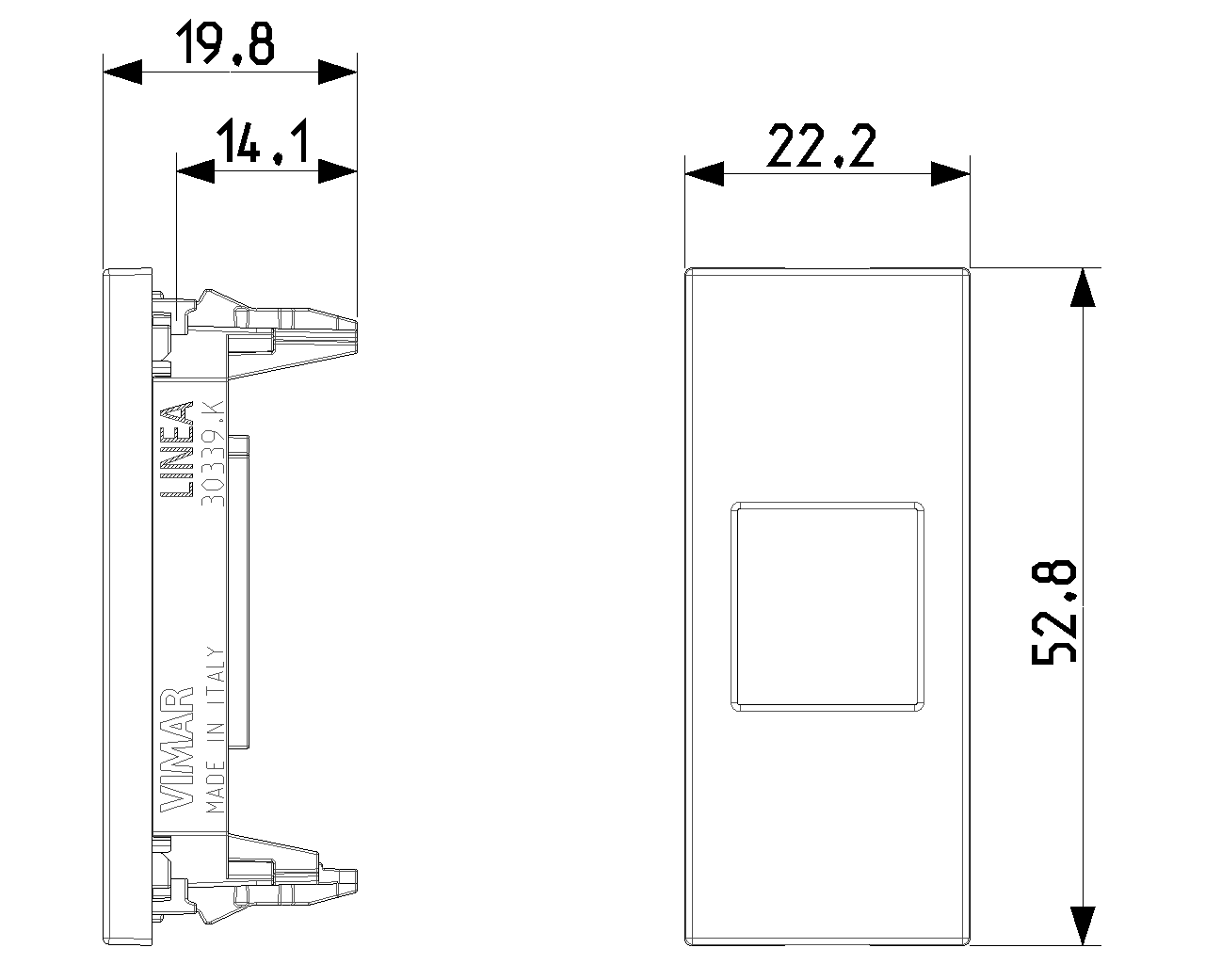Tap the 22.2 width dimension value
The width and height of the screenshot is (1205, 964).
pyautogui.click(x=822, y=148)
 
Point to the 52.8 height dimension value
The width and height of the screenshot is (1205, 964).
pyautogui.click(x=1053, y=611)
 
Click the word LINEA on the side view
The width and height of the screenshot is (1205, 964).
pyautogui.click(x=176, y=449)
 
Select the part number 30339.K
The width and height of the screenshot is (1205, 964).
pyautogui.click(x=213, y=453)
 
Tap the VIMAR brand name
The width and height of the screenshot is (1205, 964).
pyautogui.click(x=176, y=749)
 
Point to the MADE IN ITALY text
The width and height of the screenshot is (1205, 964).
pyautogui.click(x=214, y=730)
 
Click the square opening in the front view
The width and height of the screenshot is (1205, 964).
pyautogui.click(x=827, y=607)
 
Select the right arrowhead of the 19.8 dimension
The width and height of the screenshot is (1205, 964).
pyautogui.click(x=338, y=72)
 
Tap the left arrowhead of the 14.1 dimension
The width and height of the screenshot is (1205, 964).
pyautogui.click(x=195, y=170)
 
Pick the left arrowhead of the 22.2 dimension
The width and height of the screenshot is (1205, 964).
pyautogui.click(x=704, y=174)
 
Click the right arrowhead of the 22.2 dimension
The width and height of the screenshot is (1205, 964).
pyautogui.click(x=951, y=174)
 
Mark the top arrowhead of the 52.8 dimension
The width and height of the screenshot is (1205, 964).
pyautogui.click(x=1084, y=287)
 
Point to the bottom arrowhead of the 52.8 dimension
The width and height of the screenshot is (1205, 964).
pyautogui.click(x=1084, y=924)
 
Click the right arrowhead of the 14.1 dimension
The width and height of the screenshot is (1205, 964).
pyautogui.click(x=338, y=170)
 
